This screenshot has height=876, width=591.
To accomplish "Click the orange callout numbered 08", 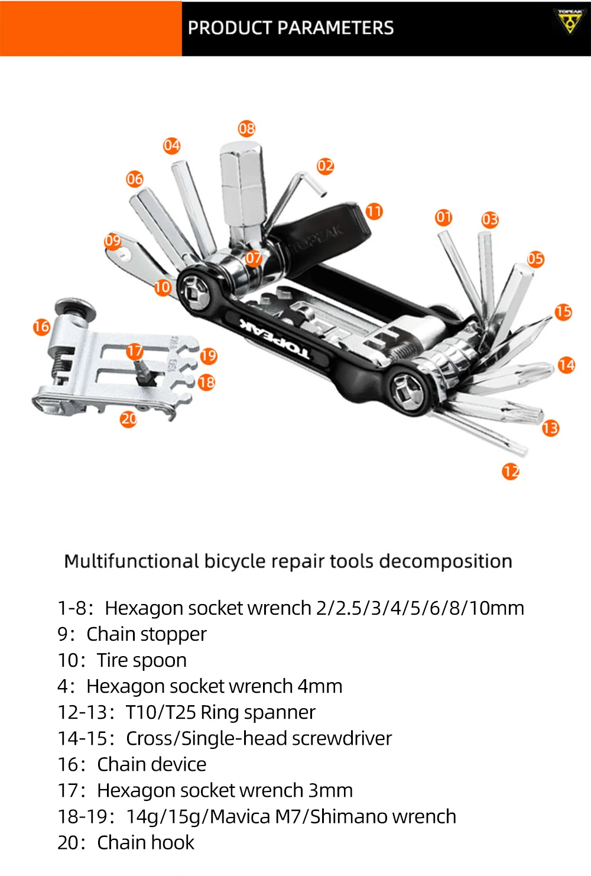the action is point(246,128).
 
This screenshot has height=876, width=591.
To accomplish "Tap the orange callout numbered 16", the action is point(41,326).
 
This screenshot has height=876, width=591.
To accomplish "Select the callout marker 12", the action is point(511,471).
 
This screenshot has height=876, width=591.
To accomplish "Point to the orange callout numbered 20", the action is point(128,419).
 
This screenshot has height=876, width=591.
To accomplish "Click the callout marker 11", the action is point(374,211).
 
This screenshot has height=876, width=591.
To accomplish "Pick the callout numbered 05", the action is point(535,258).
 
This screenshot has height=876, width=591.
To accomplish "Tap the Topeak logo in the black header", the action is point(569,21).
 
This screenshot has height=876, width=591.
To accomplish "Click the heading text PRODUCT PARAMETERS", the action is point(290,28).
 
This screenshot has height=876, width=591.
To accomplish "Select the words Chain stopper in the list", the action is point(147,634).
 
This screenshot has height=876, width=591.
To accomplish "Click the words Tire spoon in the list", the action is point(142,660).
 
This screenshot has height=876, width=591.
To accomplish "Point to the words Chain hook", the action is point(145,842).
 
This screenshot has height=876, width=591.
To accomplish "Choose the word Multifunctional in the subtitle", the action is point(131,561).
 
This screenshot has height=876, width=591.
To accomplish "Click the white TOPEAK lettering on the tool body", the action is point(274,340).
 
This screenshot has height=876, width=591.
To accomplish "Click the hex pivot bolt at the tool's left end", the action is point(196,291).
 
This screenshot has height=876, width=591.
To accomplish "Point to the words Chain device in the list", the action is point(152,764).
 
